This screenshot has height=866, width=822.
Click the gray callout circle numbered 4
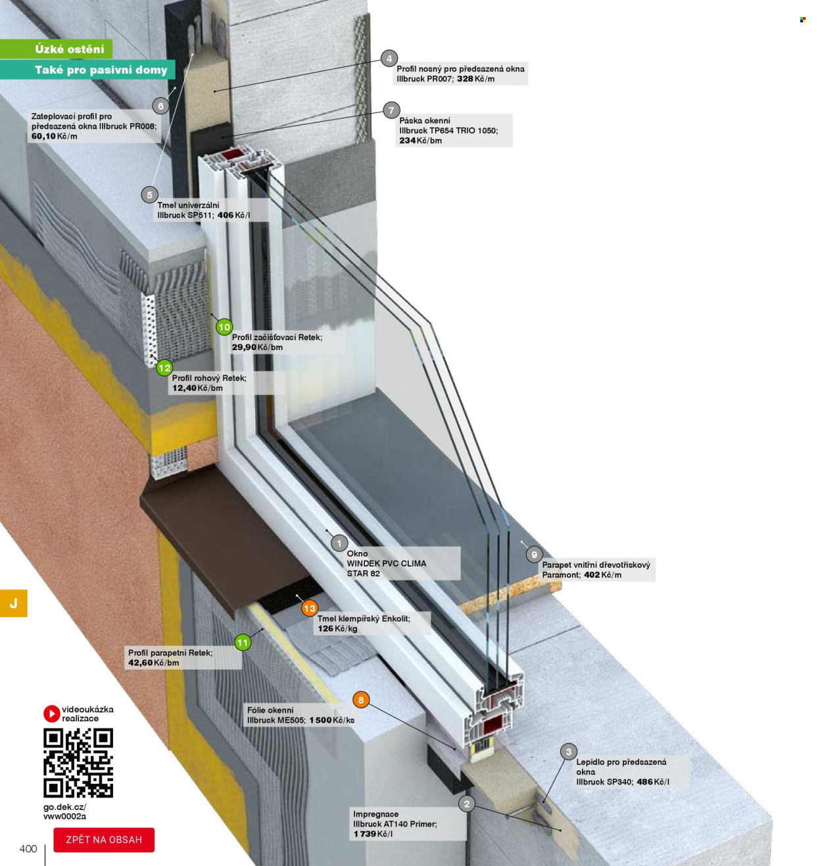point(389,59)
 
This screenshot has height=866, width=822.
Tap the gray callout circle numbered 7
point(391,110)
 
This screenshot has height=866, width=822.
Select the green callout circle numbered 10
point(224,327)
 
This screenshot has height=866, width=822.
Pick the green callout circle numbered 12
point(164,368)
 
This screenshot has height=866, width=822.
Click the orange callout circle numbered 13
point(310,608)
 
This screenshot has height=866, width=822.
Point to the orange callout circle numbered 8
point(361,700)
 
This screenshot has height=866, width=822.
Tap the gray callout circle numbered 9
point(534,555)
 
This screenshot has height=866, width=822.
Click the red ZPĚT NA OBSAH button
point(104,840)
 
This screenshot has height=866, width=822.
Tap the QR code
point(78,763)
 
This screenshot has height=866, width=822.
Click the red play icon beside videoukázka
point(51,714)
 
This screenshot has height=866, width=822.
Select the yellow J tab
point(14,603)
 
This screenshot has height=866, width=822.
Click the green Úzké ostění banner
point(56,49)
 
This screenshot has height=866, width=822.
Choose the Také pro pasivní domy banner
point(87,70)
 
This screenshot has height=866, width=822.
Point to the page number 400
point(28,849)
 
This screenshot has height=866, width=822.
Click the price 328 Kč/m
point(475,79)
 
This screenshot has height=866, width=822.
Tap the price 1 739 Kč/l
point(373,834)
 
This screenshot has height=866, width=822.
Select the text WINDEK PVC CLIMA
point(386,563)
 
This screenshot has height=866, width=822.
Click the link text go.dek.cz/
point(64,807)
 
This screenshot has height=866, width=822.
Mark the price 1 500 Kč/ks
point(331,720)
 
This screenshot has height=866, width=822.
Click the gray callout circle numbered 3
point(568,752)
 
